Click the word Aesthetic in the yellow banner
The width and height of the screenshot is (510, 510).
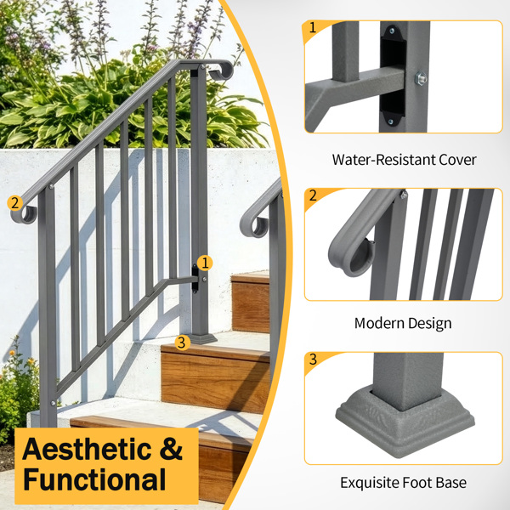coord(87,449)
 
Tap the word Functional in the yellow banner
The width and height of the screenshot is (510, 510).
coord(94,479)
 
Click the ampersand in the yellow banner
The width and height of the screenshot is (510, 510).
coord(171,449)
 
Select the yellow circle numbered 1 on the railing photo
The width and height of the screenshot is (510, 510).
coord(205,263)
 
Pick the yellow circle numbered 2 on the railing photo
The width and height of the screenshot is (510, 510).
coord(15,203)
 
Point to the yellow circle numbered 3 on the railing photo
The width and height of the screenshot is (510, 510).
coord(182,343)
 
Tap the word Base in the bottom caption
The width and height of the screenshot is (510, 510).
coord(451,483)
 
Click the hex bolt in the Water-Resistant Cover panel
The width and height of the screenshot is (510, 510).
coord(421,78)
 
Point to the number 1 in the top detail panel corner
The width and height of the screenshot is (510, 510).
coord(313,28)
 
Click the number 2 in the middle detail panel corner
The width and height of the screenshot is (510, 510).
coord(313,195)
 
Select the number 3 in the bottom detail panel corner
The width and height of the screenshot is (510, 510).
coord(313,359)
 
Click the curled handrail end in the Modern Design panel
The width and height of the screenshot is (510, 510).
coord(350,253)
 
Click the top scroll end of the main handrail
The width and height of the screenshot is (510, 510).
coord(222,71)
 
